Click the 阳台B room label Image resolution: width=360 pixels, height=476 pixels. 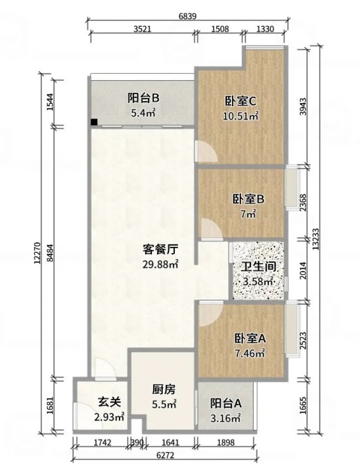pos(143,98)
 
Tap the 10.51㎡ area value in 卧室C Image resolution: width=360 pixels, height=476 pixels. pos(241,116)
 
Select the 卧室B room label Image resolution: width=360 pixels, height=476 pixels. pos(249,199)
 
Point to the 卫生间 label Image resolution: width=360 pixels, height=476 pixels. pos(258,267)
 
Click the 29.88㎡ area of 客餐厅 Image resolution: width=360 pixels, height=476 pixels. pos(160,264)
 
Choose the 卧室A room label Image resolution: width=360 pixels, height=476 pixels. pos(250,338)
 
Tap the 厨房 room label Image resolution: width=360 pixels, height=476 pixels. pos(164,390)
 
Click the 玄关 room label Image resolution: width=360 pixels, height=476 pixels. pos(109,402)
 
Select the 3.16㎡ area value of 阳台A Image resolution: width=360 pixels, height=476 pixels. pos(226,418)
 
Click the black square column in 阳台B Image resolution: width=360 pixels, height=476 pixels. pos(94,122)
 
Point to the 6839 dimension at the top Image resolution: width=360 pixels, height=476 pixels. pos(187,16)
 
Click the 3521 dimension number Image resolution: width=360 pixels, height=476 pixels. pos(142,29)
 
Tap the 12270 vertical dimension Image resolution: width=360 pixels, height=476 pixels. pos(37,252)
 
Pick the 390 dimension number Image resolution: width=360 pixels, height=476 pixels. pos(137,442)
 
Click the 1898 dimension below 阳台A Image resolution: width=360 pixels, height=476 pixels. pos(226,442)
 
